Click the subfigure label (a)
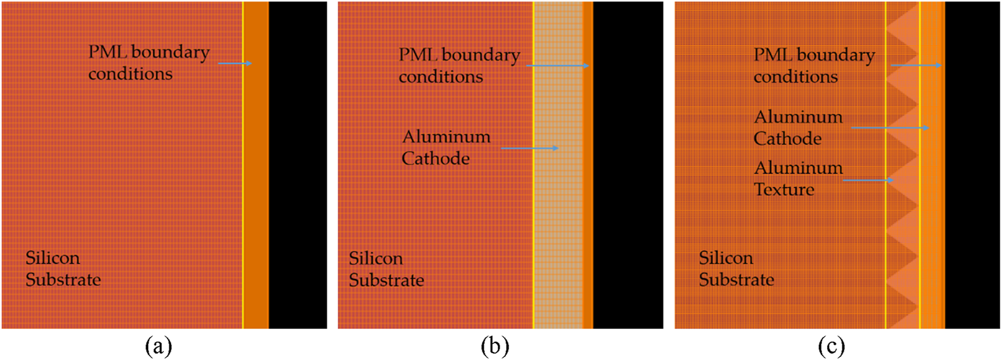pos(158,346)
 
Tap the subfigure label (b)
pos(495,346)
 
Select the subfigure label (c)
pos(831,346)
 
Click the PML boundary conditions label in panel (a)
pos(149,63)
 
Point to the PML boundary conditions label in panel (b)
pos(459,65)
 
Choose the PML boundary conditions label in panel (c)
pos(814,65)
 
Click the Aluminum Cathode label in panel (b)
pos(446,147)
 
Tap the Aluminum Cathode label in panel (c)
pos(798,127)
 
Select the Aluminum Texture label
pos(798,179)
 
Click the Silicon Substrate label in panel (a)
pos(63,268)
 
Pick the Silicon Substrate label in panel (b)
pos(386,269)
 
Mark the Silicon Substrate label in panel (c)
pos(736,268)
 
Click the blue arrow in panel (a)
pos(235,63)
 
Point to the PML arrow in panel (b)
pos(557,65)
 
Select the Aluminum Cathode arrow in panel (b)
pos(530,148)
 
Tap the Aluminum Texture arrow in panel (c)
pos(868,181)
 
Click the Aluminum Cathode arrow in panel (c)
pos(890,128)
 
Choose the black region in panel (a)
pos(298,164)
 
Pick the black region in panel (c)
pos(972,164)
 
